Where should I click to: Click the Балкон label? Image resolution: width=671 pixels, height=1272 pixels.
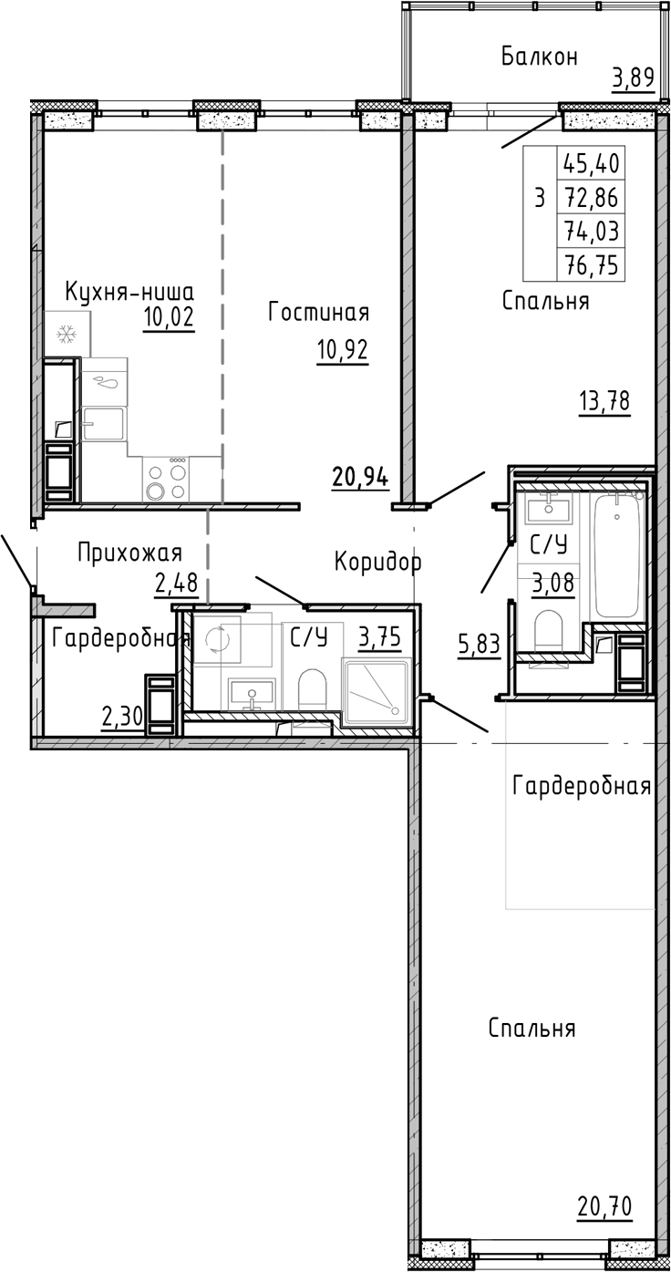(x=539, y=57)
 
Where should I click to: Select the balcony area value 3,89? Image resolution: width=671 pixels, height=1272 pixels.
(x=632, y=78)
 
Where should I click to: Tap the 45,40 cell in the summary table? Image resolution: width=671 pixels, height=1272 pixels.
(x=591, y=164)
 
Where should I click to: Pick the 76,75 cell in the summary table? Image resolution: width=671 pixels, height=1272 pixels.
(x=591, y=264)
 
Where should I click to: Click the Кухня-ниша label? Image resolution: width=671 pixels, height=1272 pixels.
(x=129, y=293)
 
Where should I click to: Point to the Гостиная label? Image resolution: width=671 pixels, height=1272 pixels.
(x=318, y=314)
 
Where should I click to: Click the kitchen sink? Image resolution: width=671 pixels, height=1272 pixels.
(x=103, y=424)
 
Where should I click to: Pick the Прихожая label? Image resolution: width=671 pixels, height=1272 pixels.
(x=129, y=553)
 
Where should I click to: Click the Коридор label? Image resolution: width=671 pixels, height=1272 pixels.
(x=377, y=562)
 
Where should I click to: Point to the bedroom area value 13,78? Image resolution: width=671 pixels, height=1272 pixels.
(x=604, y=401)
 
